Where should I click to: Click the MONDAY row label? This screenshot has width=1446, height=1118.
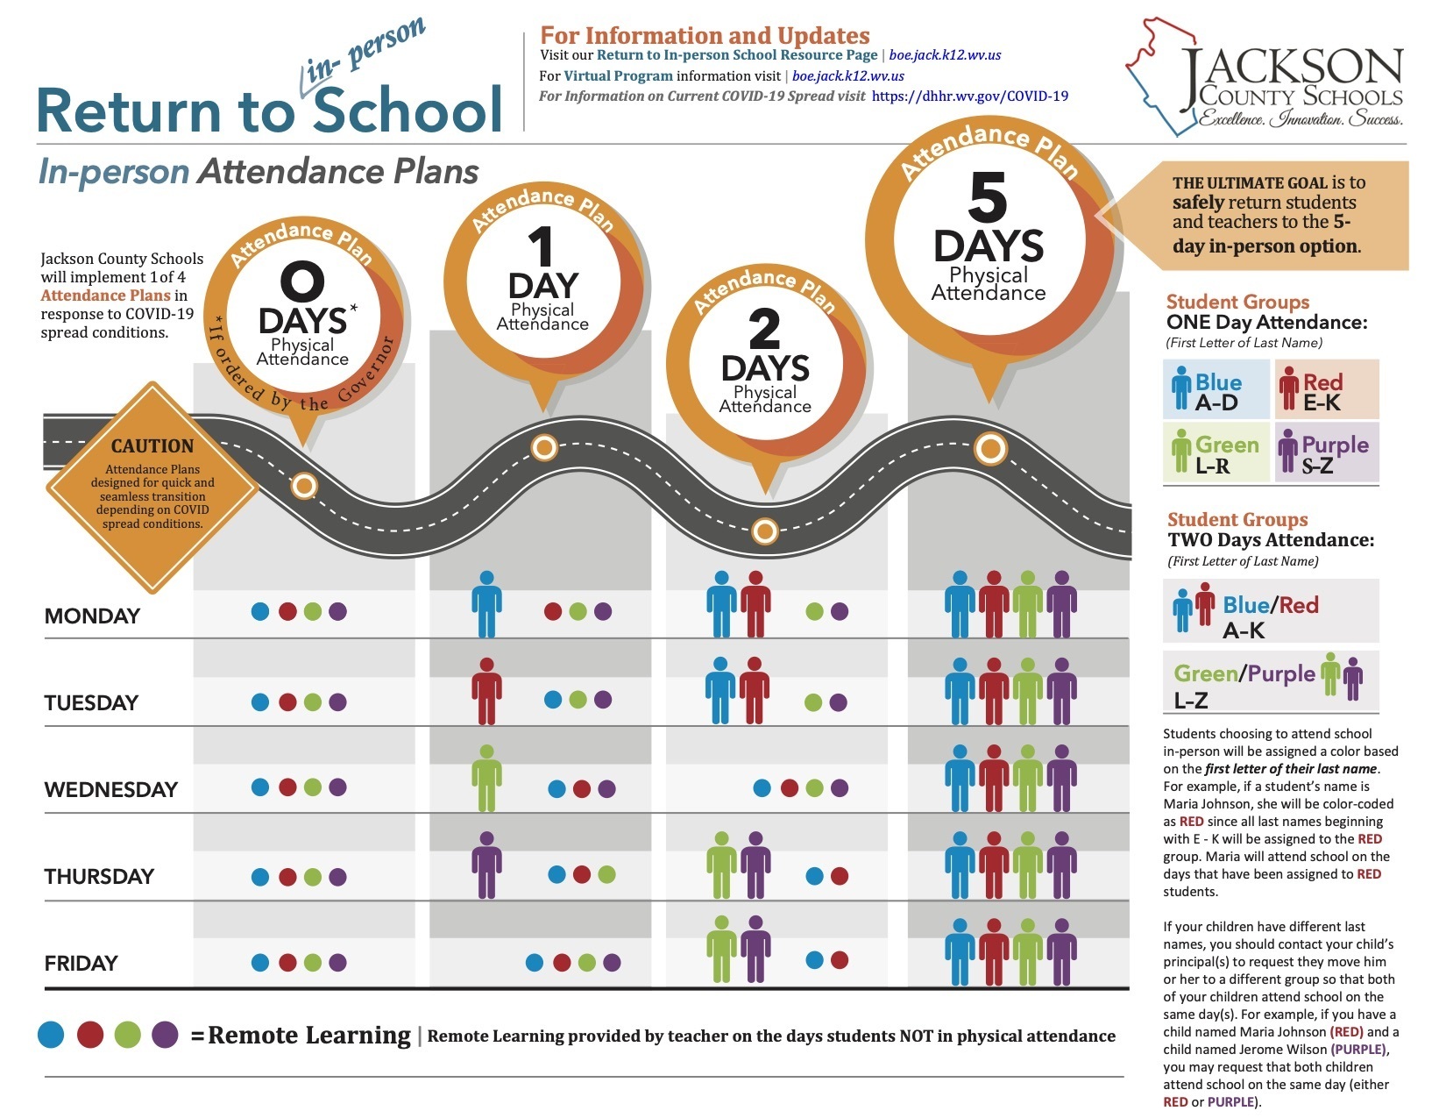[92, 616]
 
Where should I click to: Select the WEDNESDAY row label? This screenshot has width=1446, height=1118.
[110, 789]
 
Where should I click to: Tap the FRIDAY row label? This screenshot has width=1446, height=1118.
[81, 963]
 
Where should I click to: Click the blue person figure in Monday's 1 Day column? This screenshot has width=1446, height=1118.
[486, 604]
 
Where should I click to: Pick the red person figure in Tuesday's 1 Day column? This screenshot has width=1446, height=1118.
[486, 691]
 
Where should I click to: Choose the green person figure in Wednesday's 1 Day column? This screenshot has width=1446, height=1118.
[486, 778]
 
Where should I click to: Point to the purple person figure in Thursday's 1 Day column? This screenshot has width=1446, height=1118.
[486, 865]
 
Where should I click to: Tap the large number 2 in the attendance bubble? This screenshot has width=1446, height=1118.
[764, 330]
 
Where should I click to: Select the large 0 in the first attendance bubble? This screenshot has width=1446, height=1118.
[301, 282]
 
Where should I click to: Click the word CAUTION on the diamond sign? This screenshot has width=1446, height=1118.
[152, 445]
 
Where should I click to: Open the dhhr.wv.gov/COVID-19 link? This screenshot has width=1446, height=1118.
[970, 96]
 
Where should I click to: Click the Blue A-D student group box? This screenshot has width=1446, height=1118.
[1216, 389]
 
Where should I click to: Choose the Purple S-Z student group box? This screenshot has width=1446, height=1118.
[1327, 452]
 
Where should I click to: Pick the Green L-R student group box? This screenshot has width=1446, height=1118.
[1216, 452]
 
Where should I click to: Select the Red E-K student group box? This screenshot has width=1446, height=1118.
[1327, 389]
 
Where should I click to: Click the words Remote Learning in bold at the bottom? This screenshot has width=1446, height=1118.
[309, 1036]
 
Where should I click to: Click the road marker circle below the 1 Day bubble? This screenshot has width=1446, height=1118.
[544, 448]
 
